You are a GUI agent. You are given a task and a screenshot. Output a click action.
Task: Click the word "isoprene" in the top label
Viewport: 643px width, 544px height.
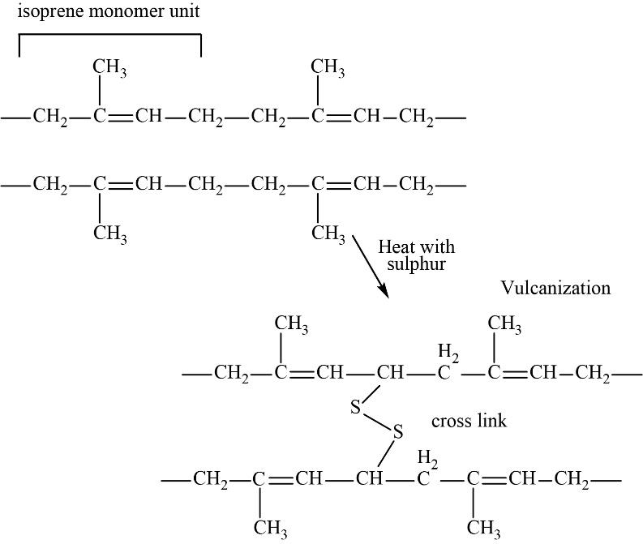[45, 12]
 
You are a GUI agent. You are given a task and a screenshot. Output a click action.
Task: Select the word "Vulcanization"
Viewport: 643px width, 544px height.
[555, 288]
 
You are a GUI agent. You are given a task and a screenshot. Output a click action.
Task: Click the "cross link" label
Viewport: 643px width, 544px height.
[469, 422]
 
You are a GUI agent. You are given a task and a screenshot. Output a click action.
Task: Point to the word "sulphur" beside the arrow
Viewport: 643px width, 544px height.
[417, 264]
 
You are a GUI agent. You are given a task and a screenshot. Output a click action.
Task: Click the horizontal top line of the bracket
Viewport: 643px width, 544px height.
[109, 35]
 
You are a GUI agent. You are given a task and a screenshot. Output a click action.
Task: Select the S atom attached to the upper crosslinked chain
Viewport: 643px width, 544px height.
[355, 408]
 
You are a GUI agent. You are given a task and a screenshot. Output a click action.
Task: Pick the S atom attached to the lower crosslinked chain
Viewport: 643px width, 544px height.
[397, 432]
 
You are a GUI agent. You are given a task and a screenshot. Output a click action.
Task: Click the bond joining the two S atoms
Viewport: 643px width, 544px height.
[376, 420]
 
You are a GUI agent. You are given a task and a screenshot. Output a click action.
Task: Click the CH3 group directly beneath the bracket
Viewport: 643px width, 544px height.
[109, 68]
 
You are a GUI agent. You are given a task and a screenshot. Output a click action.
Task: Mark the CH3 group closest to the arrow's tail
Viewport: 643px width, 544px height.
[328, 233]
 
